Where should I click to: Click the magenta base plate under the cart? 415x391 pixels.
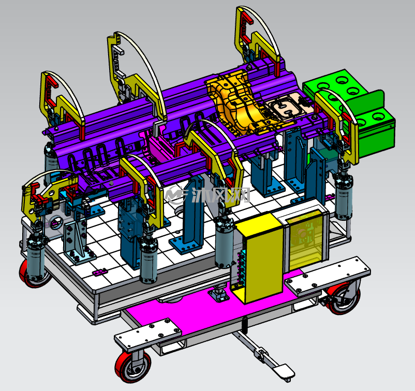pyautogui.click(x=212, y=307)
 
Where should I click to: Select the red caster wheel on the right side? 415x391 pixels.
pyautogui.click(x=344, y=298)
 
